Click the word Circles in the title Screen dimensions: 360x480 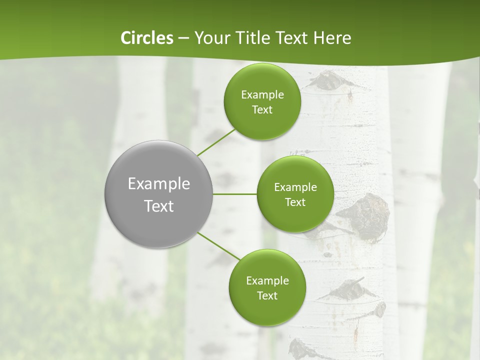coord(146,38)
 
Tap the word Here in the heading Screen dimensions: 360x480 coord(332,38)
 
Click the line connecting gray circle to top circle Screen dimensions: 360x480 coord(216,142)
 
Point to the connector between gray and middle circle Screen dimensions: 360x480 coord(235,194)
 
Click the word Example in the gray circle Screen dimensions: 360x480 coord(159,183)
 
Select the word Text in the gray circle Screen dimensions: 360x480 coord(159,205)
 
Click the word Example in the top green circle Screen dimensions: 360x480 coord(262,94)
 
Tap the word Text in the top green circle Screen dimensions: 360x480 coord(262,109)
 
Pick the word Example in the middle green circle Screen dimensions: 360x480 coord(295,187)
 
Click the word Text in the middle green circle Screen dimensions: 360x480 coord(295,202)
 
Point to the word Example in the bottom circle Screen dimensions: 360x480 coord(267,280)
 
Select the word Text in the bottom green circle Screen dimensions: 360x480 coord(267,295)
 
